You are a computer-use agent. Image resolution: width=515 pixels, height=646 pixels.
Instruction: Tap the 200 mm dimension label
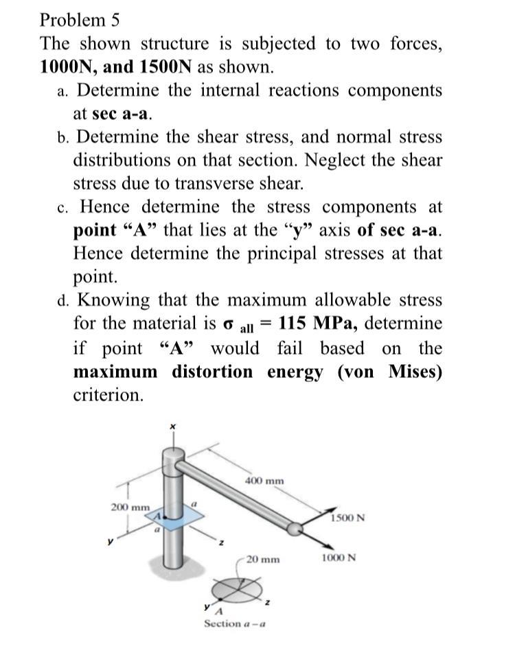[x=130, y=507]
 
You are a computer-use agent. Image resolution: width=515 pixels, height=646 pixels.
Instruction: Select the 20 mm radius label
[x=264, y=559]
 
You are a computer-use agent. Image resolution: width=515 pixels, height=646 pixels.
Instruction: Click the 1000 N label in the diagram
[x=339, y=558]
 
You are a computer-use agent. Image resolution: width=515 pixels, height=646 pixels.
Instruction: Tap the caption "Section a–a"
[x=235, y=624]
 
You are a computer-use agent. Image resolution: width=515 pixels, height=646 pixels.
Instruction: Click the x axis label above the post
[x=173, y=427]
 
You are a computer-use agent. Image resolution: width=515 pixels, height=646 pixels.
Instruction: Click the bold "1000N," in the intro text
[x=68, y=67]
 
